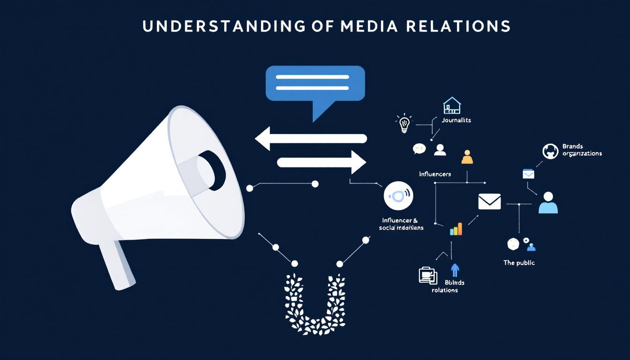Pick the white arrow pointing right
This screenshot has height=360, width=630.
pyautogui.click(x=322, y=162)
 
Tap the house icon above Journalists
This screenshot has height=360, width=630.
pyautogui.click(x=452, y=106)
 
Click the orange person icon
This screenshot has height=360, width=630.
pyautogui.click(x=467, y=157)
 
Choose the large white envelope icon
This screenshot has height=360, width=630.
pyautogui.click(x=489, y=202)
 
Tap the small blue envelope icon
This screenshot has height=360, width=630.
pyautogui.click(x=528, y=174)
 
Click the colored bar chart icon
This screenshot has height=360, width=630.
pyautogui.click(x=456, y=229)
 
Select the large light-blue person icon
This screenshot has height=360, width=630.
pyautogui.click(x=548, y=202)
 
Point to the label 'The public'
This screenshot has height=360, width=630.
pyautogui.click(x=519, y=263)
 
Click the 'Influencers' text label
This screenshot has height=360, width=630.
pyautogui.click(x=435, y=174)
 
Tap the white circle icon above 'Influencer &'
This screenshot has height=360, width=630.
pyautogui.click(x=398, y=195)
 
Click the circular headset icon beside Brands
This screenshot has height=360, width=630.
pyautogui.click(x=550, y=151)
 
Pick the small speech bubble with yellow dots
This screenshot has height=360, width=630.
pyautogui.click(x=419, y=149)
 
